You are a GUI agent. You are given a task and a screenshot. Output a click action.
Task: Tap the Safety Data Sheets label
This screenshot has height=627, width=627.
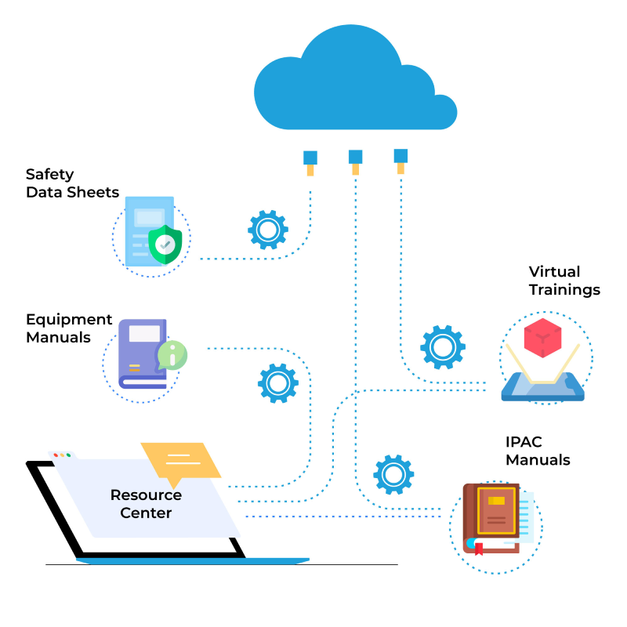tap(72, 183)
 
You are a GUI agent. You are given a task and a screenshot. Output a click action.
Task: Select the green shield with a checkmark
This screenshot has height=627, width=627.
tap(165, 244)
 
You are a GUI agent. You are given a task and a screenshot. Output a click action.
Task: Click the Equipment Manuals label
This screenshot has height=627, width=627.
tap(69, 328)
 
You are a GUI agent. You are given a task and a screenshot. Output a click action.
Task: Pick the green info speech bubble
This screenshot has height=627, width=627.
tap(172, 355)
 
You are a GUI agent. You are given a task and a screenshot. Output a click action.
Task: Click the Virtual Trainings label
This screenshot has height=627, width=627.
tap(564, 281)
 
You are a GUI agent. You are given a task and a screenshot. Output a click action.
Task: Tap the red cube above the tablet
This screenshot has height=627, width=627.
tap(542, 338)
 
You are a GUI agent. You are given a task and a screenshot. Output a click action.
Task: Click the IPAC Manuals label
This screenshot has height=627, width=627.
tap(538, 451)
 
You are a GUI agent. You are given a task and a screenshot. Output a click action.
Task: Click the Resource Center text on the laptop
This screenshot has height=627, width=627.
tap(146, 504)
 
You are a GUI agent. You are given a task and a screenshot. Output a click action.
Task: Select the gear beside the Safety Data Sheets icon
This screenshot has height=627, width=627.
tap(268, 230)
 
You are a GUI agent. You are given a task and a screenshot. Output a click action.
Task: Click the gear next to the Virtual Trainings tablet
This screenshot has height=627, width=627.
tap(443, 346)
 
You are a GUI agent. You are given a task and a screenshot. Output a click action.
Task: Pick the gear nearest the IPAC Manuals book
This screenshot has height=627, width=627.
tap(393, 474)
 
